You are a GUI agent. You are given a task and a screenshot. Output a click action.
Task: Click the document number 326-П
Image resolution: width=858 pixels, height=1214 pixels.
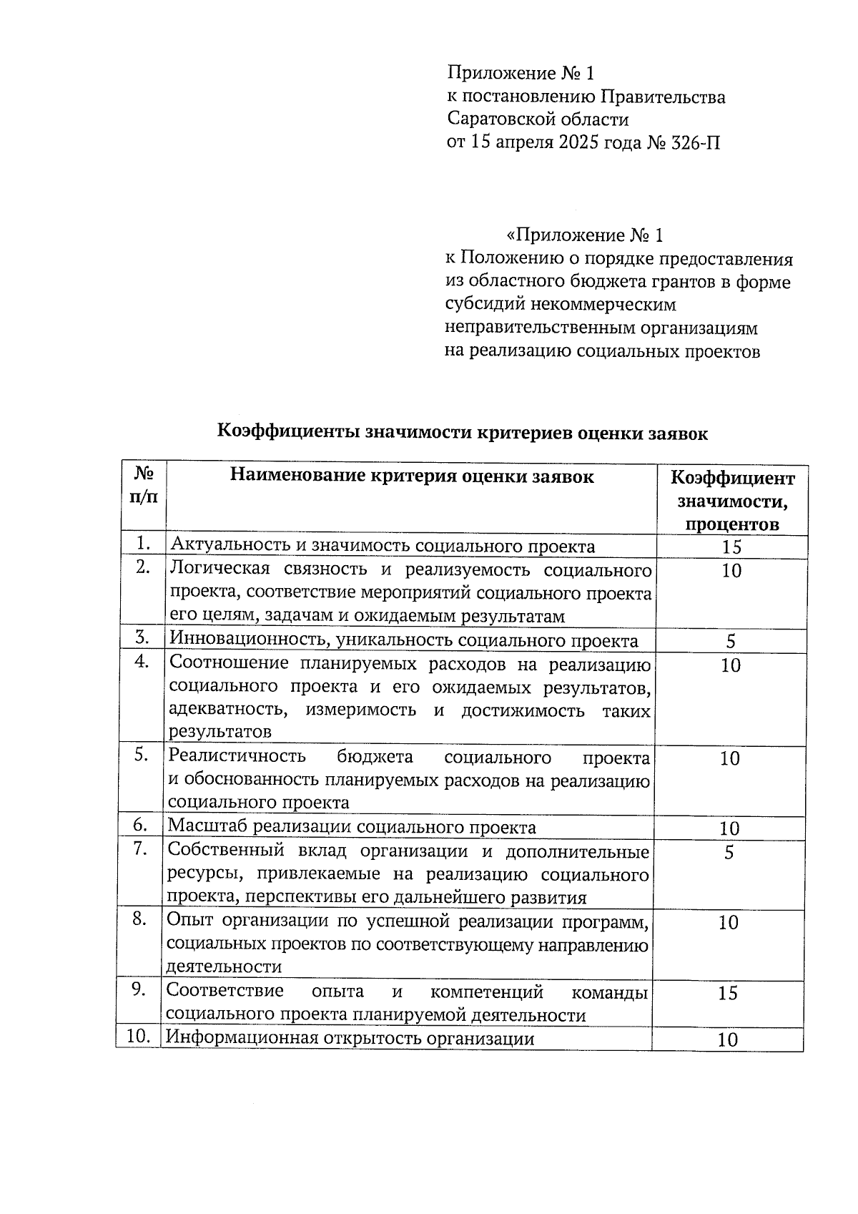[x=694, y=142]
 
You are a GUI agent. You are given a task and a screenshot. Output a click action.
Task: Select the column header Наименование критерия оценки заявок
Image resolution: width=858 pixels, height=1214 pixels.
[x=411, y=476]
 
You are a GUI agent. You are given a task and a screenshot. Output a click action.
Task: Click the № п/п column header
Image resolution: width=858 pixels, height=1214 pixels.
[x=144, y=485]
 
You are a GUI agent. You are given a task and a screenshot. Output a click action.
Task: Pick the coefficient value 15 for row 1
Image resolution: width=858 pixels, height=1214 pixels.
[x=731, y=547]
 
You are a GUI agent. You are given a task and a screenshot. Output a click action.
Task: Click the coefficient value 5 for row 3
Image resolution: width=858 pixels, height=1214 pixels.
[x=731, y=641]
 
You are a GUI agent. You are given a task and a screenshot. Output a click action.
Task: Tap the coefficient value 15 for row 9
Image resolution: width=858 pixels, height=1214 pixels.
[x=727, y=993]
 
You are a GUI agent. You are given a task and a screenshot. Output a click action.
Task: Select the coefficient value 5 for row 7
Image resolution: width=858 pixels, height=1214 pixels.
[x=729, y=852]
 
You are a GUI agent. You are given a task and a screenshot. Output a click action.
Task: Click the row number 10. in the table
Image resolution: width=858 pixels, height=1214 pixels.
[x=138, y=1037]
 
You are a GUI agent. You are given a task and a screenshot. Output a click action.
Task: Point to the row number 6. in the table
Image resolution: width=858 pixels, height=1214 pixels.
[x=141, y=826]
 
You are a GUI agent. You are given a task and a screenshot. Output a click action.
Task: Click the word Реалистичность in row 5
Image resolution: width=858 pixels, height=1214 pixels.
[x=237, y=757]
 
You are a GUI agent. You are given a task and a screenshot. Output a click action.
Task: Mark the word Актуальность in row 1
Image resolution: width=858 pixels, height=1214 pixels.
[x=230, y=547]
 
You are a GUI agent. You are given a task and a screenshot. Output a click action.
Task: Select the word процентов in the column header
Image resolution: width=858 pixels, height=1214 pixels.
[x=732, y=524]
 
